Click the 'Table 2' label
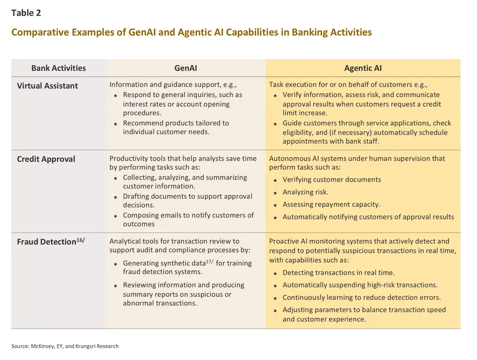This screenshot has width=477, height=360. click(26, 13)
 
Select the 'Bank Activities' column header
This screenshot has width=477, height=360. click(58, 68)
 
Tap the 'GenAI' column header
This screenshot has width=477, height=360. click(186, 68)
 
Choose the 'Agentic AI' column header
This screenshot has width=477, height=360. click(363, 68)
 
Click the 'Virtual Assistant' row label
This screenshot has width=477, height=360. click(47, 86)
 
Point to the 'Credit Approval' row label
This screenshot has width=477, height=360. click(46, 159)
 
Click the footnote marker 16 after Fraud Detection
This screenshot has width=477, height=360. click(81, 239)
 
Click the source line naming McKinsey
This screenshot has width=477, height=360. click(65, 346)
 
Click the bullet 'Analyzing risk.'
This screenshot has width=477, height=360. click(306, 192)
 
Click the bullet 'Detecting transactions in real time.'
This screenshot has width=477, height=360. click(338, 273)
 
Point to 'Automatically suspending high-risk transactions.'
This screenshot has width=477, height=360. click(360, 285)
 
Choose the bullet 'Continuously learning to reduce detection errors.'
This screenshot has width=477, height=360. click(361, 298)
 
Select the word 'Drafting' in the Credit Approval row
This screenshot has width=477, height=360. click(137, 196)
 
